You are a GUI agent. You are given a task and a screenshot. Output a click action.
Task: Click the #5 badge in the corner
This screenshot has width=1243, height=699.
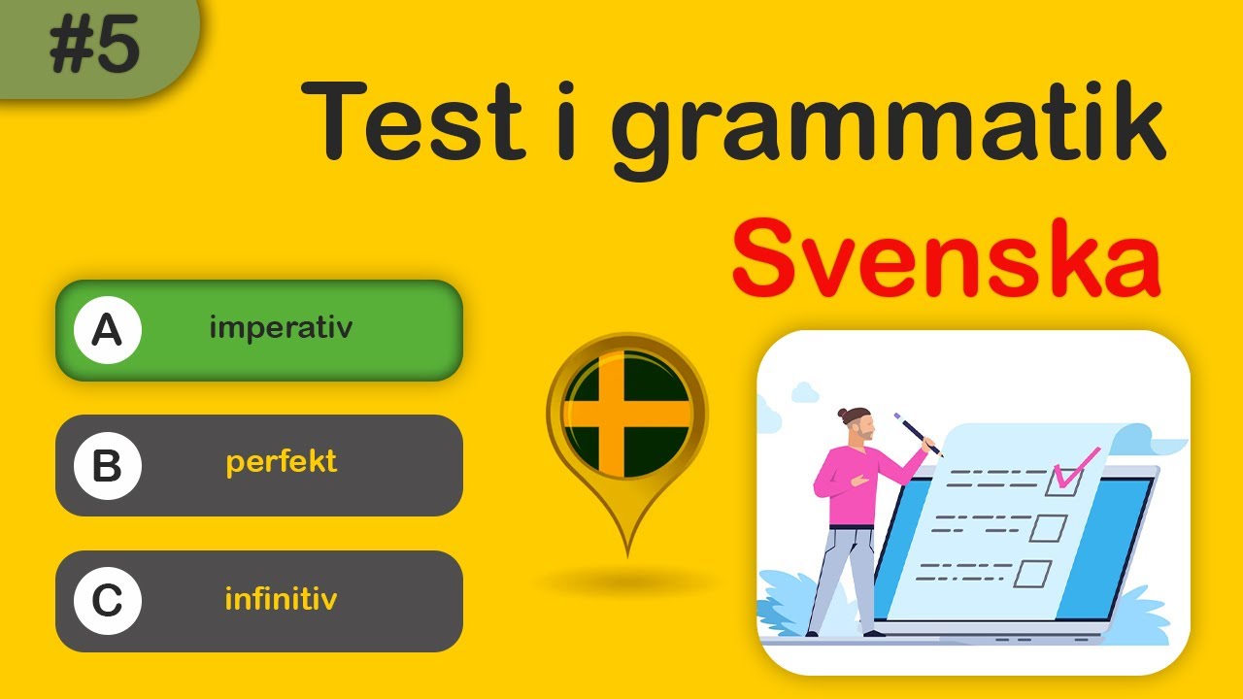(x=94, y=47)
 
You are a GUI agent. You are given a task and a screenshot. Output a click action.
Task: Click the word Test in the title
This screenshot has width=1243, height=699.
(x=413, y=122)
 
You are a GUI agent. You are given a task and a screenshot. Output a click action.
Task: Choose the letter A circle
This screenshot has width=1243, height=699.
(x=107, y=331)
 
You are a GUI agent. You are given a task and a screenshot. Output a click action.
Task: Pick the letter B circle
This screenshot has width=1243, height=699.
(x=107, y=467)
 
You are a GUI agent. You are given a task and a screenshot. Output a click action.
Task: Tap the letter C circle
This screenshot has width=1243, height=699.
(x=107, y=602)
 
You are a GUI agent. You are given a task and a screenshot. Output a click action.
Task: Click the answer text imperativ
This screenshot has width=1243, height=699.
(x=281, y=328)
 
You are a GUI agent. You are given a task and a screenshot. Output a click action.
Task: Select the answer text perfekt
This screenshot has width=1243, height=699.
(x=281, y=462)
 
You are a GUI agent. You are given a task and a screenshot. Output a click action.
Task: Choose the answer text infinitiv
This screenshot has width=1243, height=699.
(x=281, y=599)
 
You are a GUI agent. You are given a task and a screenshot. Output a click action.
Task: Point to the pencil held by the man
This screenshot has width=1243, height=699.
(x=918, y=434)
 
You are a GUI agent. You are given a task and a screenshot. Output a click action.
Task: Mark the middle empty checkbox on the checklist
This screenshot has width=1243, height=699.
(x=1048, y=528)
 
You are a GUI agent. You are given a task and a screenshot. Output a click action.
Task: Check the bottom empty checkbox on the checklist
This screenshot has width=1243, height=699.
(x=1032, y=574)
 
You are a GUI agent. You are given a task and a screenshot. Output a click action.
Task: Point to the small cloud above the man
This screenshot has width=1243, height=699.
(x=806, y=392)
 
